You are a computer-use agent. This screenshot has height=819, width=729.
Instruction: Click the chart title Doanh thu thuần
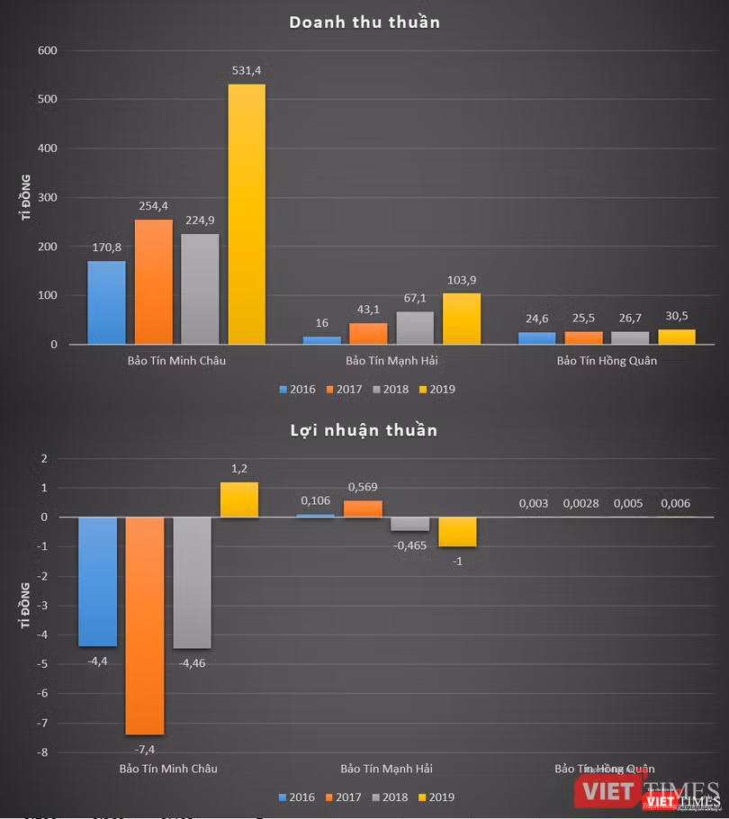(x=364, y=22)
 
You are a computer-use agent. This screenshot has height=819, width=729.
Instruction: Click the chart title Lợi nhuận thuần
(x=364, y=430)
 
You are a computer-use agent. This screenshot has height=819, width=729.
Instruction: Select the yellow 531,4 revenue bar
(x=246, y=214)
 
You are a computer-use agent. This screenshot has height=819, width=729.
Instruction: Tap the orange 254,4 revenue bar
(x=153, y=282)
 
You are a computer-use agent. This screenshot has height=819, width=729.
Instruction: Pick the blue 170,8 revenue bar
(x=106, y=302)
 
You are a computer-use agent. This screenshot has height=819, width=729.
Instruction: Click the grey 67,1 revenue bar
(x=415, y=328)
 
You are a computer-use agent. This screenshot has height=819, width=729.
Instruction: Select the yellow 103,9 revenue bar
(x=462, y=319)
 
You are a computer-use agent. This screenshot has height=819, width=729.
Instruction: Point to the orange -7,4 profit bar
(x=145, y=625)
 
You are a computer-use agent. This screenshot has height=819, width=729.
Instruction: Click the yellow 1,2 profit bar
(x=238, y=499)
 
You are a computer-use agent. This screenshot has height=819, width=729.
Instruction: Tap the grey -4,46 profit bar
(x=192, y=582)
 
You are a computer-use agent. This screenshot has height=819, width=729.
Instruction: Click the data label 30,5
(x=676, y=318)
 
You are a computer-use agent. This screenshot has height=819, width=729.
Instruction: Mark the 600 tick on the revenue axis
(x=48, y=51)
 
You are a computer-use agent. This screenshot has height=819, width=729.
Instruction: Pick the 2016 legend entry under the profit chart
(x=298, y=797)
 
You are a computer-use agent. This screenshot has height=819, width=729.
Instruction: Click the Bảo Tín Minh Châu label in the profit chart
(x=168, y=769)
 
